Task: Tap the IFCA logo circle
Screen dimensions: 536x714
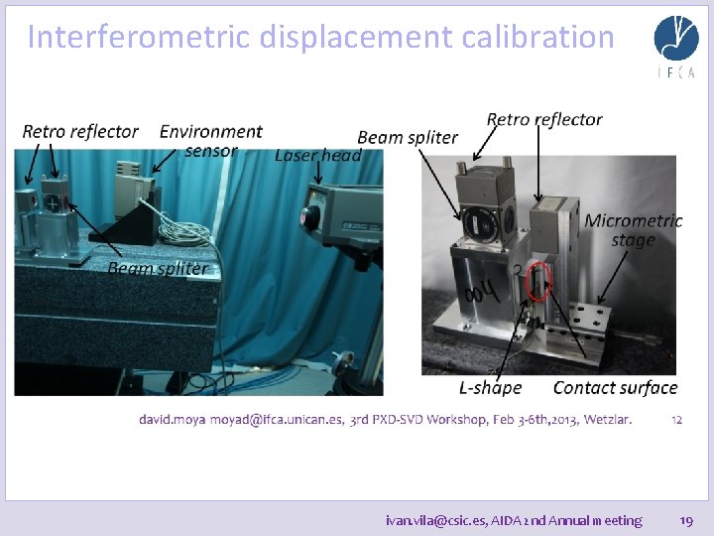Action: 675,38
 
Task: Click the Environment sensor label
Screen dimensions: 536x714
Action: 210,140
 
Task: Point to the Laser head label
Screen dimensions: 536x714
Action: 317,155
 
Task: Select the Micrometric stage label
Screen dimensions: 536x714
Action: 634,229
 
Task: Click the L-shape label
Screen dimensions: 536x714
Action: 489,387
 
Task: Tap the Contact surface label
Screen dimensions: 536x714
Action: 615,387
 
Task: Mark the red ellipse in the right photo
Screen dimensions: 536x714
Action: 538,281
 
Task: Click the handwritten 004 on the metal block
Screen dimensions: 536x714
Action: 482,294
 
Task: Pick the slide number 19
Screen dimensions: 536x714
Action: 685,519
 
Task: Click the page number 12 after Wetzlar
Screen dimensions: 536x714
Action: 676,420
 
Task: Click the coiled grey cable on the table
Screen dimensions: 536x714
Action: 184,233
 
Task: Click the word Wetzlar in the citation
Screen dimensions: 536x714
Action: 607,420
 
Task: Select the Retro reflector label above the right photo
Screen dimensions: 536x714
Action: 544,119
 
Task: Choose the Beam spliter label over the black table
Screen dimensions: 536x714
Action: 158,268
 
